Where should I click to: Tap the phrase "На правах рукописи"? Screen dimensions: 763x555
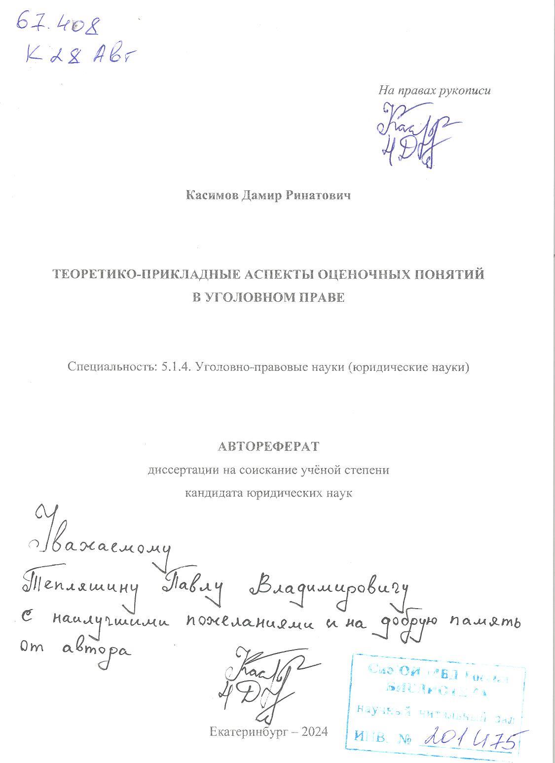434,91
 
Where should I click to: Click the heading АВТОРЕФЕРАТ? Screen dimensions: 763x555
268,446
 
